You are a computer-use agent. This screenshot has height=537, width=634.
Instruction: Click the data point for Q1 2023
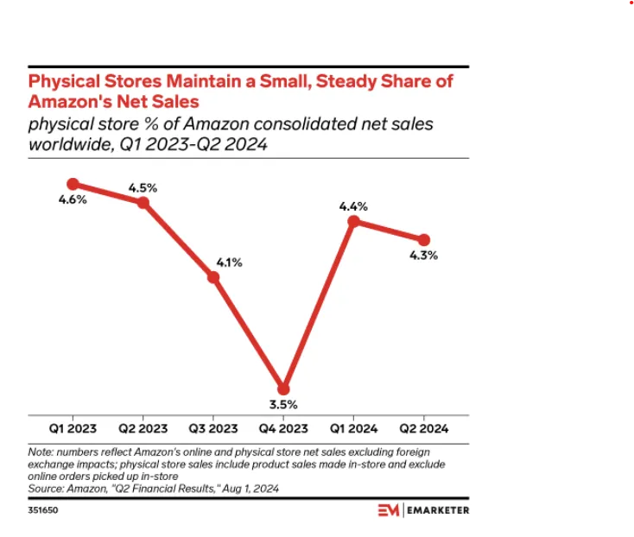point(73,184)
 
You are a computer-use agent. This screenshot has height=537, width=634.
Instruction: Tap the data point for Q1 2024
point(353,222)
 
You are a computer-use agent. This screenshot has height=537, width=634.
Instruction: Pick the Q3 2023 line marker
point(213,277)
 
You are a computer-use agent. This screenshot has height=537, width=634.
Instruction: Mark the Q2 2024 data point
point(424,240)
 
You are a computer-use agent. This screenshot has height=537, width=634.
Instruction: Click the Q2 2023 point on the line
point(143,203)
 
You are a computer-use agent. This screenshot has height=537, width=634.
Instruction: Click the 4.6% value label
point(73,200)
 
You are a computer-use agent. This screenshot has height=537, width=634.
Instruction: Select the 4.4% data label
point(354,206)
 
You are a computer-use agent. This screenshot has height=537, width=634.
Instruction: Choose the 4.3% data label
point(424,256)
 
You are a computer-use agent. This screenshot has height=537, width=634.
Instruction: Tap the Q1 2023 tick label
point(73,428)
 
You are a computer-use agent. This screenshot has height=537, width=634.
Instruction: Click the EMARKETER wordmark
point(439,510)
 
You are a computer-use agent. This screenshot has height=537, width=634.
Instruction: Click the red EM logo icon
point(390,510)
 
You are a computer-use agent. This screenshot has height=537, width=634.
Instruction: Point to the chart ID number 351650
point(44,511)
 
